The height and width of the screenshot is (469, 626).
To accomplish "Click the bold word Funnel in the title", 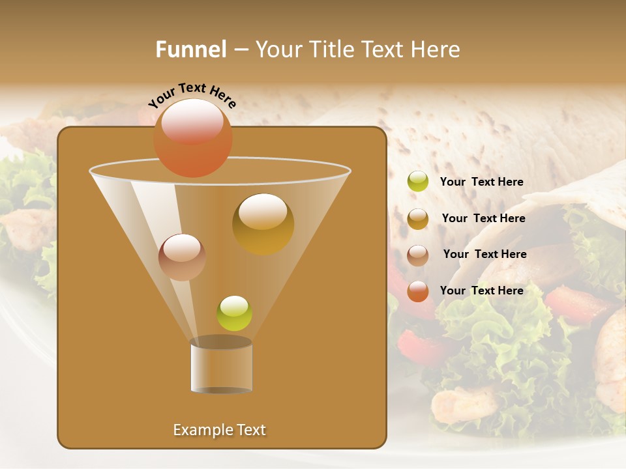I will pyautogui.click(x=191, y=50).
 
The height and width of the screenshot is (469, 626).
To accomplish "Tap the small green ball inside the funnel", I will pyautogui.click(x=234, y=313).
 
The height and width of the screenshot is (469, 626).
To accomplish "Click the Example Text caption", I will pyautogui.click(x=220, y=430).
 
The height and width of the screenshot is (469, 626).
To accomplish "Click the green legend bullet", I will pyautogui.click(x=418, y=182).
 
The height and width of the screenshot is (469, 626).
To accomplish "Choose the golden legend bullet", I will pyautogui.click(x=418, y=218).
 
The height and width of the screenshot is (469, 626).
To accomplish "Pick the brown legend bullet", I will pyautogui.click(x=418, y=255).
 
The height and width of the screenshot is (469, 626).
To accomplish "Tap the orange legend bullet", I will pyautogui.click(x=418, y=291).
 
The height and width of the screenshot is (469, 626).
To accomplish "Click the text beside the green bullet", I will pyautogui.click(x=482, y=182).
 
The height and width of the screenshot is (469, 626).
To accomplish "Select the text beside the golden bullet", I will pyautogui.click(x=483, y=219).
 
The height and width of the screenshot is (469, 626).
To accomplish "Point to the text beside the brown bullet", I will pyautogui.click(x=484, y=255).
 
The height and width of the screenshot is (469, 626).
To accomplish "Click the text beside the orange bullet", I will pyautogui.click(x=482, y=291).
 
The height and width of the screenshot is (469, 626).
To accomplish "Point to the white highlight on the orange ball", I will pyautogui.click(x=192, y=120).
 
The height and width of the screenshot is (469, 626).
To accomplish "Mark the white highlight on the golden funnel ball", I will pyautogui.click(x=262, y=212).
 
